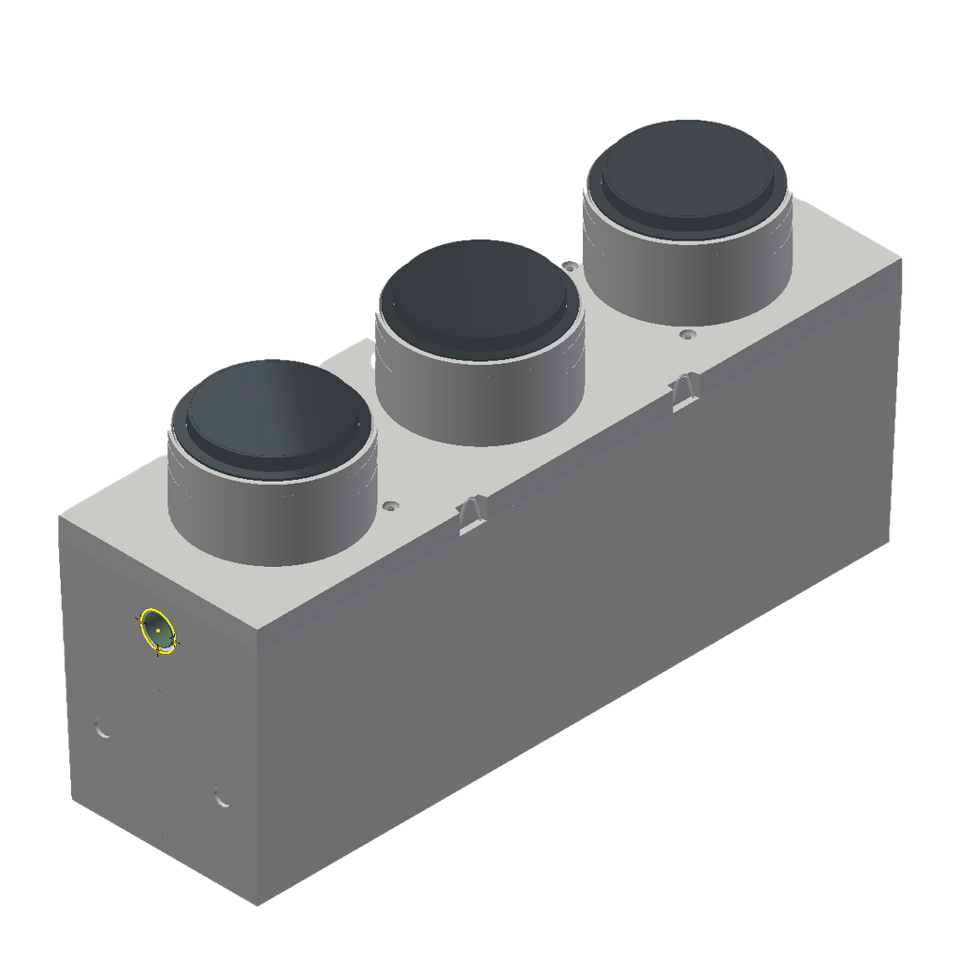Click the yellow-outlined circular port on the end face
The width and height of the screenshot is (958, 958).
click(158, 629)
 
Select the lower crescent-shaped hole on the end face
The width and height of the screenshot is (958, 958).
click(222, 798)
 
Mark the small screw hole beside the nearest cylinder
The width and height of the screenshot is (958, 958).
click(390, 505)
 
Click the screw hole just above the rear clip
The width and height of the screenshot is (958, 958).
click(689, 333)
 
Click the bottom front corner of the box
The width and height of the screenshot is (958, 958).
click(257, 906)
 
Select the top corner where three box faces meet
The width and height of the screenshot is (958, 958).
click(257, 629)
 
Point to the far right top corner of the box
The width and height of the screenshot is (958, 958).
click(905, 253)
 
